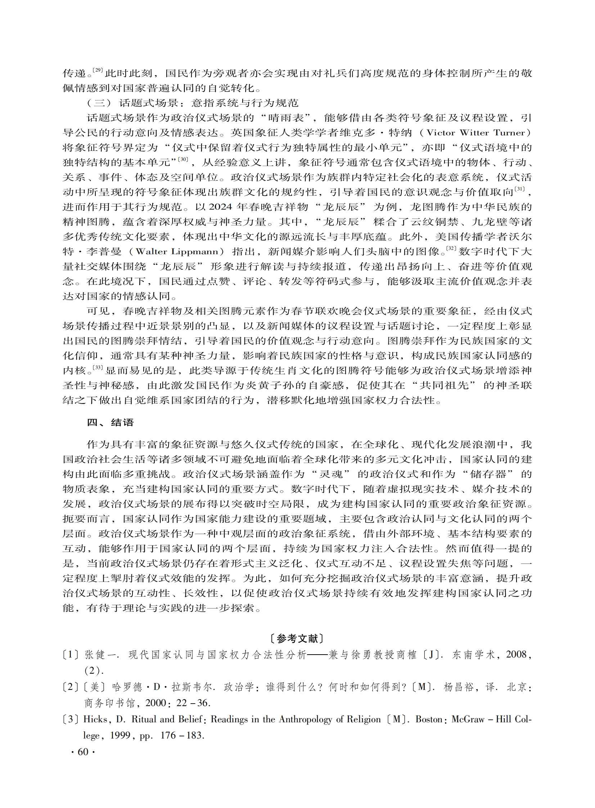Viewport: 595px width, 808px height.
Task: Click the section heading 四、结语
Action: [110, 422]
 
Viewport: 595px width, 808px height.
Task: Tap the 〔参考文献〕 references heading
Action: [297, 639]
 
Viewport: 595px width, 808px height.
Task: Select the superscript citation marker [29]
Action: [98, 70]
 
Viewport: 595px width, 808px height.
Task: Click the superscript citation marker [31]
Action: [519, 189]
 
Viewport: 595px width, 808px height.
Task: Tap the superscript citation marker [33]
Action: [98, 367]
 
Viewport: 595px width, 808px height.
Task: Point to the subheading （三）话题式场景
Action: [193, 103]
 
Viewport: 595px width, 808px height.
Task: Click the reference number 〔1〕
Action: [71, 655]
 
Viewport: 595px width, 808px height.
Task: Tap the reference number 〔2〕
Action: [71, 687]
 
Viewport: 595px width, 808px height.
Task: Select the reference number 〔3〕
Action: [71, 719]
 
